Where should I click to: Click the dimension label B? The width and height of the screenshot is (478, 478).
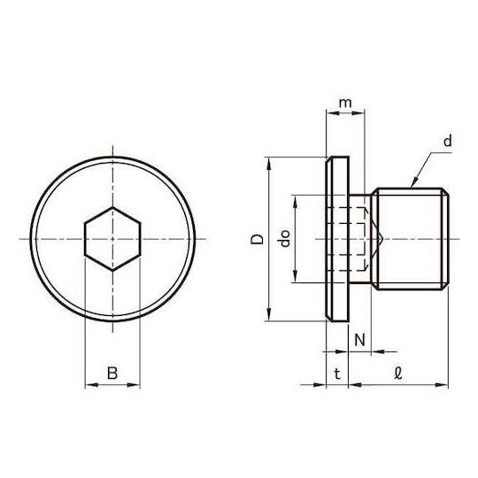coord(112,373)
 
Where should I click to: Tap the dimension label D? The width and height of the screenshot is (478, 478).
coord(257,239)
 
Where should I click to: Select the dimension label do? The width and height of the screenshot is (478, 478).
coord(284,239)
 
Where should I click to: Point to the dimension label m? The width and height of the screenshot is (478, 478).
coord(345,103)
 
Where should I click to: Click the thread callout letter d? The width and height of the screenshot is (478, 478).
coord(447,141)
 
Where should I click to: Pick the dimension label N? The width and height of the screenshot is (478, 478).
coord(359,340)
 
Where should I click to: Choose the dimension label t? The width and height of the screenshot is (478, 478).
coord(337,374)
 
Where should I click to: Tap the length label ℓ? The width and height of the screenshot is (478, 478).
coord(397,374)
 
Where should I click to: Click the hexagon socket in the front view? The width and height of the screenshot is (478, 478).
coord(112,239)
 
